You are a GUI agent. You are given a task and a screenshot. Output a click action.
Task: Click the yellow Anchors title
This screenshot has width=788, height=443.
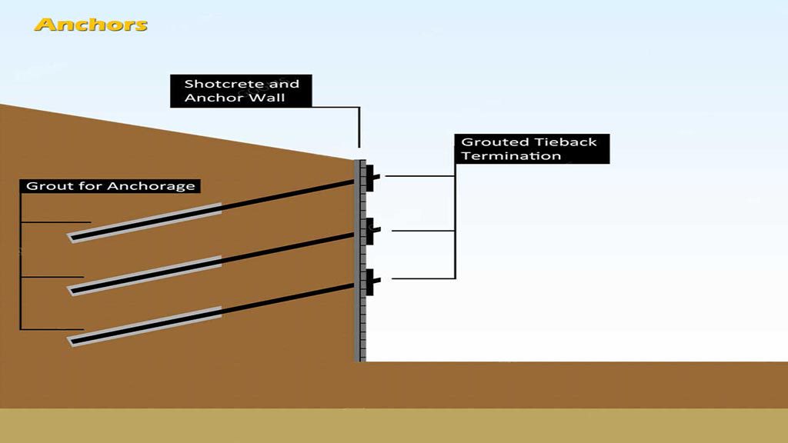(x=91, y=25)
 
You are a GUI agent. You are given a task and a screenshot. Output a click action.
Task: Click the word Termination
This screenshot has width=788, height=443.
(x=511, y=155)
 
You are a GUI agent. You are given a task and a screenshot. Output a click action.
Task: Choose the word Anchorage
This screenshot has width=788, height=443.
(x=152, y=186)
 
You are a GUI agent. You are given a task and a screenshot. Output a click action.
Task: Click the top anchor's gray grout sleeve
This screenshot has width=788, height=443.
(x=144, y=223)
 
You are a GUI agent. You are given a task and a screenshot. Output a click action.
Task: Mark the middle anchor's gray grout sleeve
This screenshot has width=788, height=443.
(x=144, y=276)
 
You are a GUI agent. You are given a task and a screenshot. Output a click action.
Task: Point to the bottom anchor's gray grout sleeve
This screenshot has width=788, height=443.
(x=144, y=326)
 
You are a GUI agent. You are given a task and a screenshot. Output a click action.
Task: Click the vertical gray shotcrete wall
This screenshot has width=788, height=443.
(x=360, y=261)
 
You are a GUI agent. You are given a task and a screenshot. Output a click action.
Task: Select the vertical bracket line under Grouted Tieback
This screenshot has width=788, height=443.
(x=456, y=221)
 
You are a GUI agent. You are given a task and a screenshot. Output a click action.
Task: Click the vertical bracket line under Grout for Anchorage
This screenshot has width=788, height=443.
(x=21, y=261)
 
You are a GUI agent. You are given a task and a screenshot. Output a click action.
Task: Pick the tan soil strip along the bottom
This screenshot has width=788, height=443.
(x=394, y=425)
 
